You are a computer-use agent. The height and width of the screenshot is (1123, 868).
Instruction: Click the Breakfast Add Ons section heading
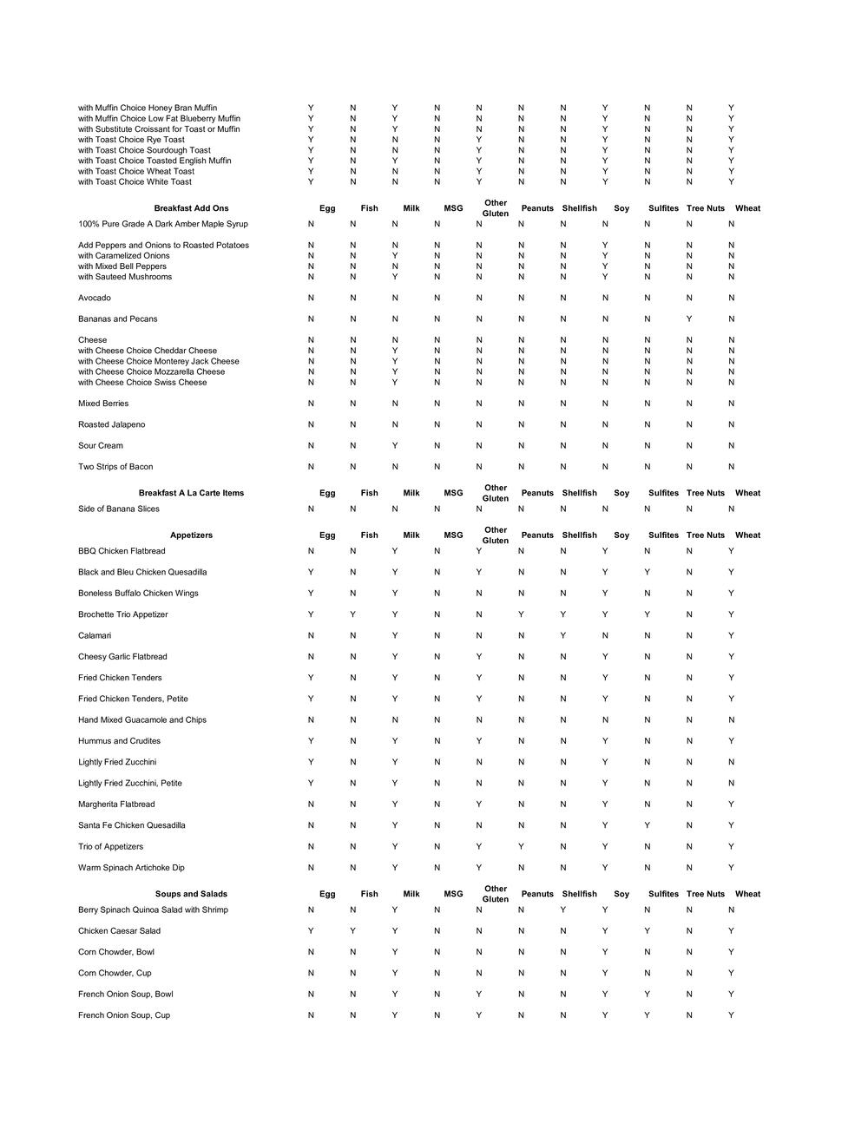coord(191,208)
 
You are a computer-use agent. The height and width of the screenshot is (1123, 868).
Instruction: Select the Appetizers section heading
coord(191,535)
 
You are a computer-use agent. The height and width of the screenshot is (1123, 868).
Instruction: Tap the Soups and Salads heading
coord(191,894)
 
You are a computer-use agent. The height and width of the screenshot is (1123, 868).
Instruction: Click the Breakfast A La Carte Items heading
coord(191,493)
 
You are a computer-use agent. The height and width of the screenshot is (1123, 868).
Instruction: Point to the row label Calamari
coord(95,636)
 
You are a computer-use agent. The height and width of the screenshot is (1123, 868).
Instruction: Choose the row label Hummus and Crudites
coord(119,741)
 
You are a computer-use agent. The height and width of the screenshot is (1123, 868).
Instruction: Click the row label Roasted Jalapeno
coord(111,424)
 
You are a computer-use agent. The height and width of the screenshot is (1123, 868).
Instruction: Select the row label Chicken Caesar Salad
coord(119,931)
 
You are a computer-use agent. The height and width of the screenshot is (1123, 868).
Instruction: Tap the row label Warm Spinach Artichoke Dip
coord(131,868)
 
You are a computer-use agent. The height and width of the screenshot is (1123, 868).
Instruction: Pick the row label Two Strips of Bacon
coord(115,467)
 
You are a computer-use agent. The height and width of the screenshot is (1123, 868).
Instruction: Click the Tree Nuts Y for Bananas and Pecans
coord(689,319)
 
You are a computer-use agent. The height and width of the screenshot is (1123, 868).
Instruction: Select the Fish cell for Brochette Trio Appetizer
coord(352,614)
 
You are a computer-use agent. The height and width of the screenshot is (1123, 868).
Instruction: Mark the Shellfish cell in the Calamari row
coord(563,636)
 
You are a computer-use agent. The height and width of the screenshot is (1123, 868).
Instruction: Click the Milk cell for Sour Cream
coord(394,446)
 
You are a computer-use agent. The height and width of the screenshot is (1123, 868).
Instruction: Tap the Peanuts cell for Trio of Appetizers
coord(521,847)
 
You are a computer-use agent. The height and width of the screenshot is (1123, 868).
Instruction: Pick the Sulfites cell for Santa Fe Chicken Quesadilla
coord(647,825)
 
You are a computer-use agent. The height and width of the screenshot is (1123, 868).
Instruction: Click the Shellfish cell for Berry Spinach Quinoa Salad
coord(563,910)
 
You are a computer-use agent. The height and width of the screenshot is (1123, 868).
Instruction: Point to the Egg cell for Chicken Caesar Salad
coord(311,931)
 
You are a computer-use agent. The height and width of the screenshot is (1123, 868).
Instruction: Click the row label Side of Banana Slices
coord(119,509)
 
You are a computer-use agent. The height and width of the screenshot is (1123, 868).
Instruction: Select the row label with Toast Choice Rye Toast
coord(131,140)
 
